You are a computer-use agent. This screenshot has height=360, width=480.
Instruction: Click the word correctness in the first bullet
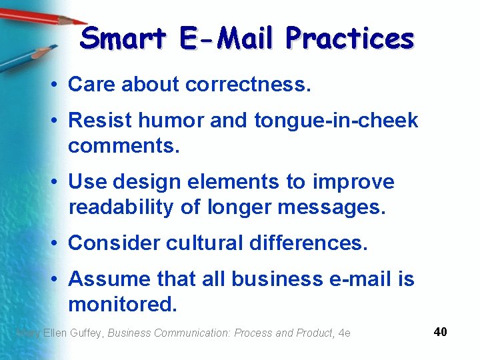point(248,85)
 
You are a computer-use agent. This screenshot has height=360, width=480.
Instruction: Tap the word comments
point(124,146)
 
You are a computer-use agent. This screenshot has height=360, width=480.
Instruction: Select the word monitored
point(123,305)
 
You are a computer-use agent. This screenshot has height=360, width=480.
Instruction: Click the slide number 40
point(440,331)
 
